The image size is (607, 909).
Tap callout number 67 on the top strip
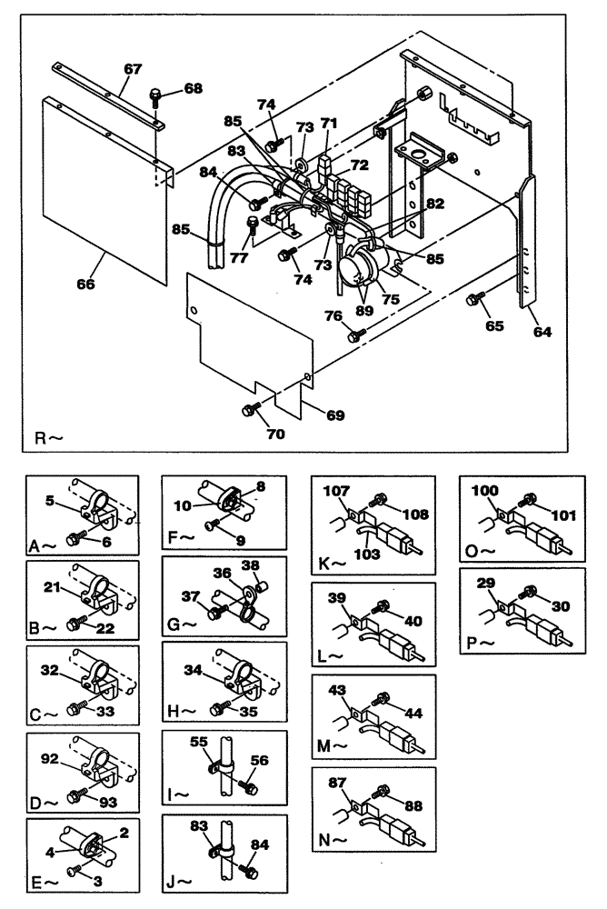[134, 70]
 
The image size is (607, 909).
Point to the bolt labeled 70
[247, 411]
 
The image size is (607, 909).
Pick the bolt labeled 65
[475, 298]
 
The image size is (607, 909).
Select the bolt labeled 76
[354, 336]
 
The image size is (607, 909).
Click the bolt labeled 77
[253, 223]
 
